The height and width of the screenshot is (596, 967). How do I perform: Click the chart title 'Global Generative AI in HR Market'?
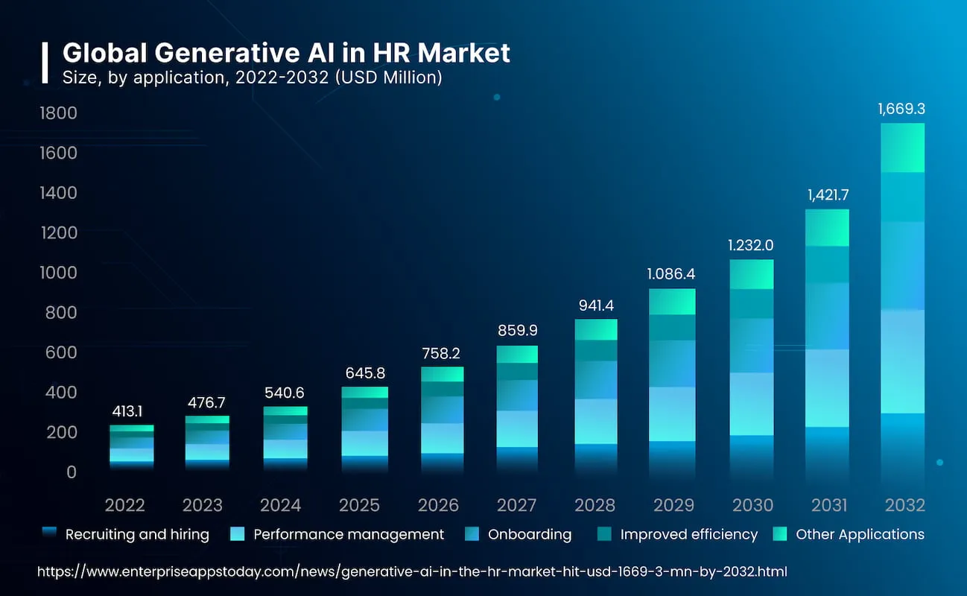click(x=286, y=53)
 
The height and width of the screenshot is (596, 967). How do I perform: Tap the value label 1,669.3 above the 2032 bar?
click(x=901, y=109)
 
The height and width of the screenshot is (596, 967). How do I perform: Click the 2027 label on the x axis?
click(x=516, y=505)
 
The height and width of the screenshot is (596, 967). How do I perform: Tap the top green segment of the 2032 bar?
click(x=902, y=148)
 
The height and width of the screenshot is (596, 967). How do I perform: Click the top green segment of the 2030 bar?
click(x=752, y=274)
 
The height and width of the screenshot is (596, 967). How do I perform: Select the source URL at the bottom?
click(x=412, y=571)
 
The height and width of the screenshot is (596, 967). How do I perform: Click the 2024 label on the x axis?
click(x=281, y=505)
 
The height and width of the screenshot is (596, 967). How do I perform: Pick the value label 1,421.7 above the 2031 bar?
click(x=828, y=195)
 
